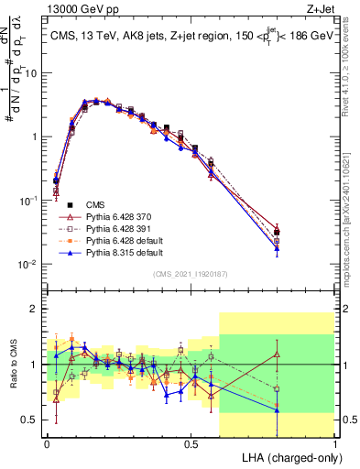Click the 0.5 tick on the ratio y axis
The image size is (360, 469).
point(29,420)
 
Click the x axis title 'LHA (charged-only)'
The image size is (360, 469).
point(289,457)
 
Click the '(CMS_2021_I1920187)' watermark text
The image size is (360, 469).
point(191,273)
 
